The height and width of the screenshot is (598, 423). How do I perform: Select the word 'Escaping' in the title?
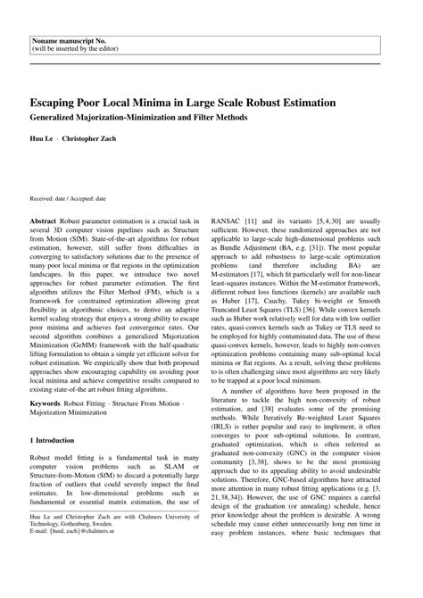point(61,103)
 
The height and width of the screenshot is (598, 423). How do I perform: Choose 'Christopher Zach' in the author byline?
point(90,141)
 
